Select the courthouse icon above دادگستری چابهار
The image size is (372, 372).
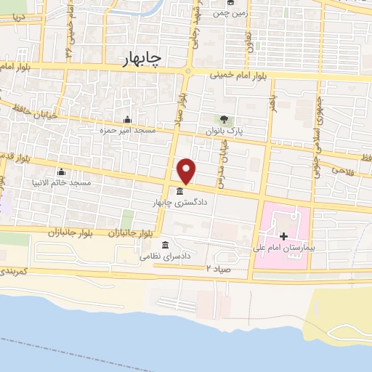pyautogui.click(x=179, y=191)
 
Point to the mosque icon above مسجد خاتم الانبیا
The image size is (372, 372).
pyautogui.click(x=60, y=172)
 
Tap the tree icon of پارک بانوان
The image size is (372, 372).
pyautogui.click(x=224, y=120)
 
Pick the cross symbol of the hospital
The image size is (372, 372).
pyautogui.click(x=283, y=236)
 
